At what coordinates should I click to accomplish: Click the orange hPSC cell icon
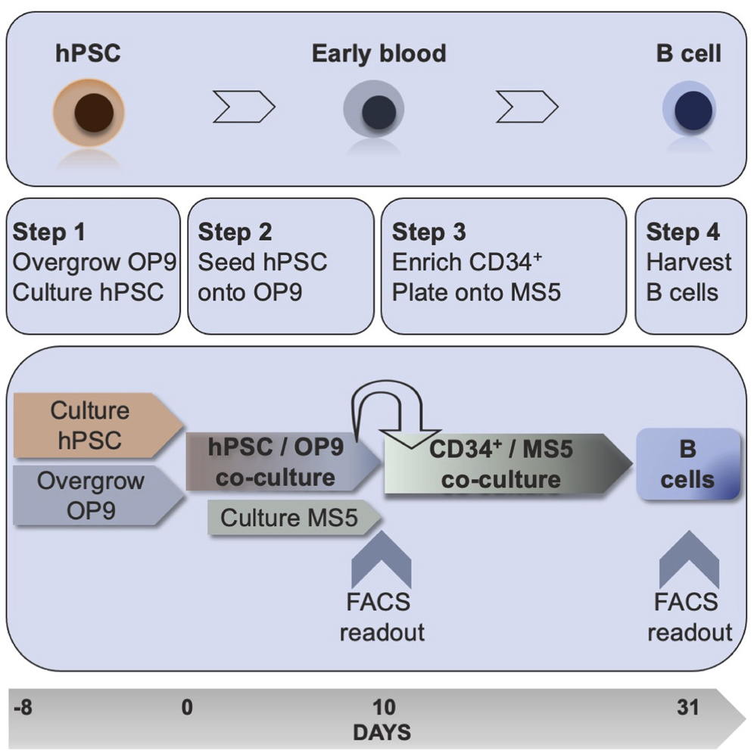(x=94, y=114)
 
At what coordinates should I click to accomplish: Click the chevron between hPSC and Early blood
(x=243, y=108)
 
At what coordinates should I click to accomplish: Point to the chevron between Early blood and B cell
(x=527, y=108)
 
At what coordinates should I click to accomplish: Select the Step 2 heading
(x=235, y=232)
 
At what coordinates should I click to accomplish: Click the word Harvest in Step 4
(x=689, y=262)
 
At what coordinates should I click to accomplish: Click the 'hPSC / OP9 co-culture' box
(x=276, y=463)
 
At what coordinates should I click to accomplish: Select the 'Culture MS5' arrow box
(x=291, y=518)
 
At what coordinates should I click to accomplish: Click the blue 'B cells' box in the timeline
(x=687, y=464)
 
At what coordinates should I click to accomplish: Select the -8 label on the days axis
(x=24, y=708)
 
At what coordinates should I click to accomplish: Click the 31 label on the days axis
(x=687, y=708)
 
